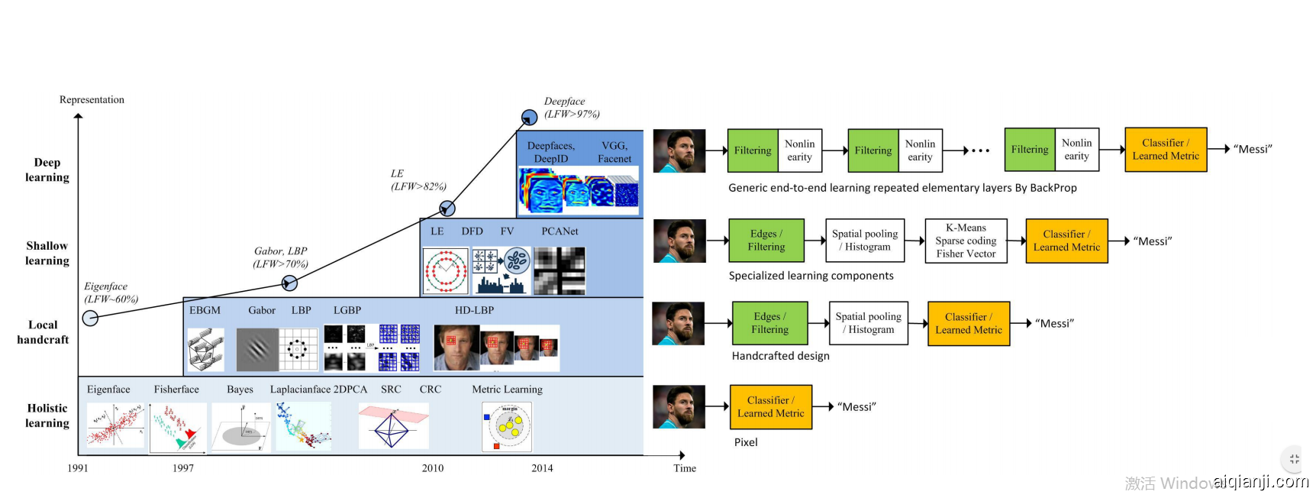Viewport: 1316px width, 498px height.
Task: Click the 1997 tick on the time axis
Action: click(183, 467)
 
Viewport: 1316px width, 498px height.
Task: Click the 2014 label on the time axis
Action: click(542, 467)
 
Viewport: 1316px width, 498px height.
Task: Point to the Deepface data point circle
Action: click(529, 118)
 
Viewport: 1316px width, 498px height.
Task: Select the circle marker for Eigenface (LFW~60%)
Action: click(90, 318)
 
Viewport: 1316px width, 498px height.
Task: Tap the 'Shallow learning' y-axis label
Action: click(47, 253)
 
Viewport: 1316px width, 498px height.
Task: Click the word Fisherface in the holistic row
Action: click(176, 390)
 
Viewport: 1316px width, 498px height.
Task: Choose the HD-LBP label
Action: click(474, 310)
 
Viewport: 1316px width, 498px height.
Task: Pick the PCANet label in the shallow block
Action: click(560, 231)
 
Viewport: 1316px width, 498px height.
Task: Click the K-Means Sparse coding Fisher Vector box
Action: click(966, 241)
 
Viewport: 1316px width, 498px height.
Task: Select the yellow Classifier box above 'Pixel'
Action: click(770, 406)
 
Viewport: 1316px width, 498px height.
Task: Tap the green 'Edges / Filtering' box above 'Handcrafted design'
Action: click(769, 323)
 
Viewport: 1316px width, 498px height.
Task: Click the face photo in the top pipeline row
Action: click(679, 150)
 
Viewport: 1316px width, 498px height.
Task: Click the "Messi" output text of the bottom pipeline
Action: click(856, 407)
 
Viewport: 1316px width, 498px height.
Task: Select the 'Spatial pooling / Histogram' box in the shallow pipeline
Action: click(865, 241)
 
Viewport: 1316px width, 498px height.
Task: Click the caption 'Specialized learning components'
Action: click(811, 276)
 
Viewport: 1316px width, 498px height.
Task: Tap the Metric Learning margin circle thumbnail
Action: click(508, 426)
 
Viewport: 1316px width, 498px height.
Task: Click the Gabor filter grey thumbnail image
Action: click(257, 349)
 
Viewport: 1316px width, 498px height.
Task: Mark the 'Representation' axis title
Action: click(92, 100)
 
